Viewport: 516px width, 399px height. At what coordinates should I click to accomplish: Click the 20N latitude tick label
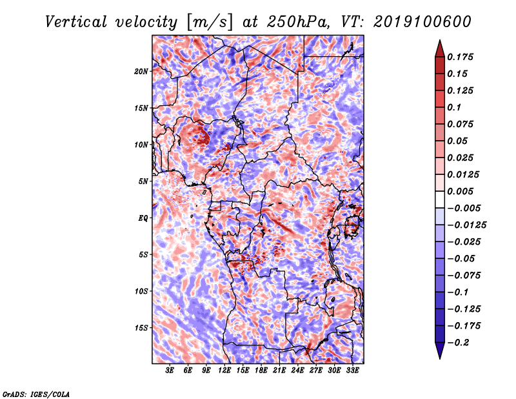(x=141, y=72)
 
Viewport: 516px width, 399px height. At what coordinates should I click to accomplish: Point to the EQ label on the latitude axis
(x=143, y=218)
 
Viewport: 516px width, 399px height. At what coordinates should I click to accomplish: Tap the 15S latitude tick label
(x=141, y=328)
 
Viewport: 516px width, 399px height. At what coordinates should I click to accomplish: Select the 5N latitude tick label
(x=143, y=181)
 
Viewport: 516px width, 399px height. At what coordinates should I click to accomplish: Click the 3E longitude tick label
(x=170, y=371)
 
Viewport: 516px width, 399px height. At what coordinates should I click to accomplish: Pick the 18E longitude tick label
(x=261, y=371)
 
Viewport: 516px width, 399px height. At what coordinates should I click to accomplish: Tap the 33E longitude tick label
(x=352, y=371)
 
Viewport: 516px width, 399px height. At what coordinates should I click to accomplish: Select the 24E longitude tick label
(x=297, y=371)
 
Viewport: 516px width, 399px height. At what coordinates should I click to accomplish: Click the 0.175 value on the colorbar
(x=460, y=57)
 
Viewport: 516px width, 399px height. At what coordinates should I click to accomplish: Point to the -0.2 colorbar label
(x=458, y=343)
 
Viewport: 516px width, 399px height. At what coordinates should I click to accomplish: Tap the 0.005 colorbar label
(x=460, y=191)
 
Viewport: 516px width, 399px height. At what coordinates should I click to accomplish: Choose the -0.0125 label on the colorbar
(x=466, y=225)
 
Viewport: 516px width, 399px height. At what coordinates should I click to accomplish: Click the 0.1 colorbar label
(x=454, y=107)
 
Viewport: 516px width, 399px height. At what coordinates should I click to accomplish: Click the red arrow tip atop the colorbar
(x=440, y=41)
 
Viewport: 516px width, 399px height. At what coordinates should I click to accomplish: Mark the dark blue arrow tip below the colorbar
(x=440, y=358)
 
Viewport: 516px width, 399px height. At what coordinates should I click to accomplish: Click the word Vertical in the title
(x=76, y=22)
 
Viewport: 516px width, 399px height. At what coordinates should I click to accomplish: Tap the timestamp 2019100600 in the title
(x=422, y=22)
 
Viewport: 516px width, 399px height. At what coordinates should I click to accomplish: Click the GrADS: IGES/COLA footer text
(x=36, y=394)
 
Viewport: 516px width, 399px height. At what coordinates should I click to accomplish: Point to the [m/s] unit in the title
(x=210, y=22)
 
